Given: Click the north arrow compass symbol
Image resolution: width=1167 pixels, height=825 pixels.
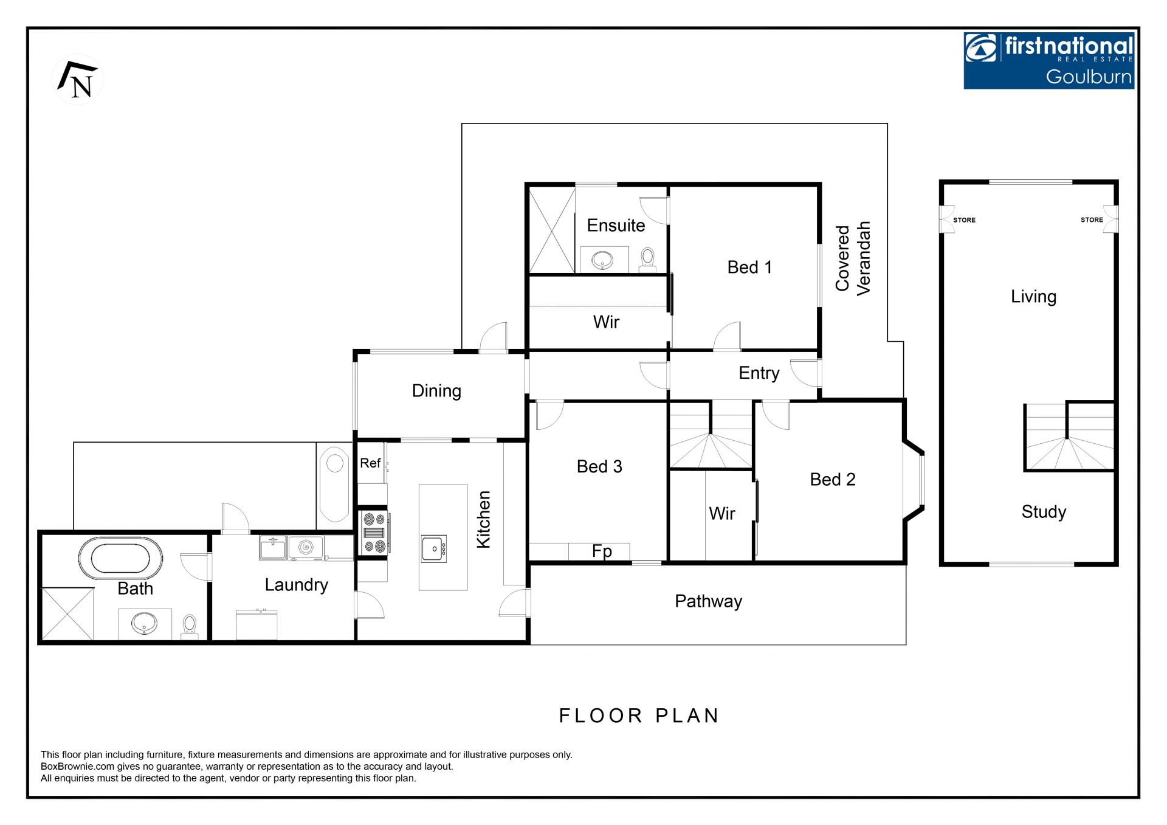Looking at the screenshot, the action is [78, 80].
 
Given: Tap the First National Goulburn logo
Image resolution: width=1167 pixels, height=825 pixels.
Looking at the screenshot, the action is [1048, 61].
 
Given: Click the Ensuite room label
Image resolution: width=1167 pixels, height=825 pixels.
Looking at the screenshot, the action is [616, 226].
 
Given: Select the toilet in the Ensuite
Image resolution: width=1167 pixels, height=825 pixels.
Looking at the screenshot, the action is [647, 260].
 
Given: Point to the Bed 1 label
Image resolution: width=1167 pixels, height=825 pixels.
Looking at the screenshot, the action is [749, 268].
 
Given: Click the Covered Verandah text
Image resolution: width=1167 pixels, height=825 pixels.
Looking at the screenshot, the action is [853, 258].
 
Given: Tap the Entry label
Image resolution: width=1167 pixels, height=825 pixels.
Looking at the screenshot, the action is [759, 373].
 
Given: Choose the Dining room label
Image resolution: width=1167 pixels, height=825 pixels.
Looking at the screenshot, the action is [436, 391].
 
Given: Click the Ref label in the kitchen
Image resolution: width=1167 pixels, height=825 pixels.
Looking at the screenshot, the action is [370, 463].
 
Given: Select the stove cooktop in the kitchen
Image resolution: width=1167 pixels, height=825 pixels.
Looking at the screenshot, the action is [374, 533].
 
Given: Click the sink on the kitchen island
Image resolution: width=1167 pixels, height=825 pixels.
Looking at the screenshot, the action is [434, 548].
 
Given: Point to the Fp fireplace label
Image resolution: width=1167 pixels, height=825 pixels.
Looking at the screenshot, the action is [602, 551].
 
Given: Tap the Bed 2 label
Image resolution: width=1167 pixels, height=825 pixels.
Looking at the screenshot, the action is [833, 480].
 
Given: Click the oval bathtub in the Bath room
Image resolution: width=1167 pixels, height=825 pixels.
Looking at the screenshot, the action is [120, 558].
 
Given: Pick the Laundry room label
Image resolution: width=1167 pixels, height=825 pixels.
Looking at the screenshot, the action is [296, 585].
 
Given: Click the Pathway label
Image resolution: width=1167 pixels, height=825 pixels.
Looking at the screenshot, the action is [708, 602].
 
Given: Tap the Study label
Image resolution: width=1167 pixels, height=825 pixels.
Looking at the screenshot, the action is [1044, 513].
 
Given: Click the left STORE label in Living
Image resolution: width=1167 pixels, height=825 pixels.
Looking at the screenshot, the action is [964, 220].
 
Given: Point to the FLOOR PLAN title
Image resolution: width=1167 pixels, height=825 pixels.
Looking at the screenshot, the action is [639, 716].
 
